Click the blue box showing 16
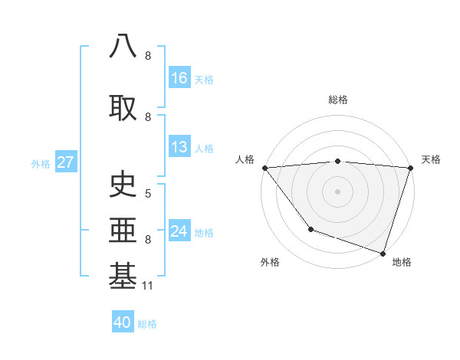point(179,78)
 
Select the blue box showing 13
point(179,147)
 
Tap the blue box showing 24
point(179,231)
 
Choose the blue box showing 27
point(65,162)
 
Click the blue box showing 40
point(123,322)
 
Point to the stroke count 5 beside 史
point(148,194)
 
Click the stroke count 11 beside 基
point(148,286)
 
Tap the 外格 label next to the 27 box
point(40,163)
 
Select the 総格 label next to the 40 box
point(147,323)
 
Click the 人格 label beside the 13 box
point(204,148)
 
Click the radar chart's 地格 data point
point(383,253)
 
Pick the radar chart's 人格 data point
point(264,168)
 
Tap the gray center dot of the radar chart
point(337,191)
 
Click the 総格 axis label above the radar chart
point(338,100)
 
